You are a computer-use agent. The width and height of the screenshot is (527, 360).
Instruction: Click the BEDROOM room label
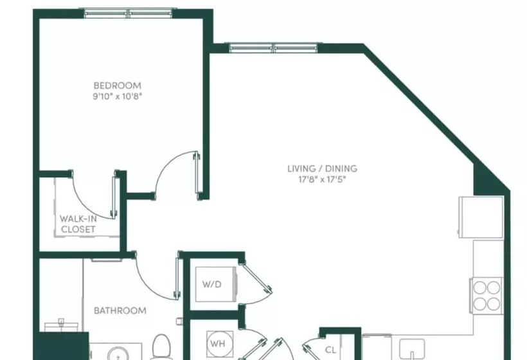(x=117, y=85)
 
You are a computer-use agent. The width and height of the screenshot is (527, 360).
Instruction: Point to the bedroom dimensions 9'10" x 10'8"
(x=117, y=96)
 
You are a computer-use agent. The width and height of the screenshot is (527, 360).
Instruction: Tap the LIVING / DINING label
(x=321, y=169)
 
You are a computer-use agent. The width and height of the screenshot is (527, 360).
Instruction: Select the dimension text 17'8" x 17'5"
(x=321, y=180)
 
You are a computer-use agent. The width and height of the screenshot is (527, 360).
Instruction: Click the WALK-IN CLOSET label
(x=78, y=224)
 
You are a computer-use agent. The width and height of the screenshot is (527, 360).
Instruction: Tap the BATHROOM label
(x=120, y=310)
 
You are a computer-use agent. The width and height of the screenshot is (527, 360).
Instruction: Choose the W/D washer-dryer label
(x=212, y=284)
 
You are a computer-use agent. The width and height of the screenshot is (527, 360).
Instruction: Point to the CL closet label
(x=331, y=350)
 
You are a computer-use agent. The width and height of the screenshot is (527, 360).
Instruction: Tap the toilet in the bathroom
(x=160, y=348)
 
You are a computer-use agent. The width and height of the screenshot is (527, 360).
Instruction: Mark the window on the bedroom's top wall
(x=129, y=13)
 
